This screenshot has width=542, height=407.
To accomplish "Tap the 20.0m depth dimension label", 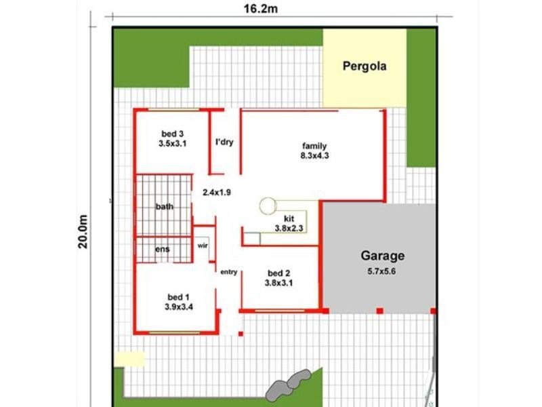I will pos(82,232).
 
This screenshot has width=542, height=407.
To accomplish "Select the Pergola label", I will pos(364,66).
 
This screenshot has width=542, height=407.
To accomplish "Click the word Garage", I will pos(382,256).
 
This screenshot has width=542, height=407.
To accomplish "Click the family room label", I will pos(314,146).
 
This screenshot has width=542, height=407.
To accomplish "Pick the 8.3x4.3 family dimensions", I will pos(314,155).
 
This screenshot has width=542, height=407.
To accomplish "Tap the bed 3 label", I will pos(173,134).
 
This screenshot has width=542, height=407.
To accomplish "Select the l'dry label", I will pos(224,142).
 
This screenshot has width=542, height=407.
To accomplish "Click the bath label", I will pos(165,206).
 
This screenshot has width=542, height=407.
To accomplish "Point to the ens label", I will pos(163,249).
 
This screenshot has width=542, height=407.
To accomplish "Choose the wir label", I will pos(203,246).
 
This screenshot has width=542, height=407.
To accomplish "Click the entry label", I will pos(229,272).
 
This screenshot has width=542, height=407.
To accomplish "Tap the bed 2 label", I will pos(278,274).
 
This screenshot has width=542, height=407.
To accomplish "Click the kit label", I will pos(289,218).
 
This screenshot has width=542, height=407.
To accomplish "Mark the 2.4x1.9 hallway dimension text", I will pos(217,192).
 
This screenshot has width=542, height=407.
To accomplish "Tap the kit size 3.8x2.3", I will pos(289,229).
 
